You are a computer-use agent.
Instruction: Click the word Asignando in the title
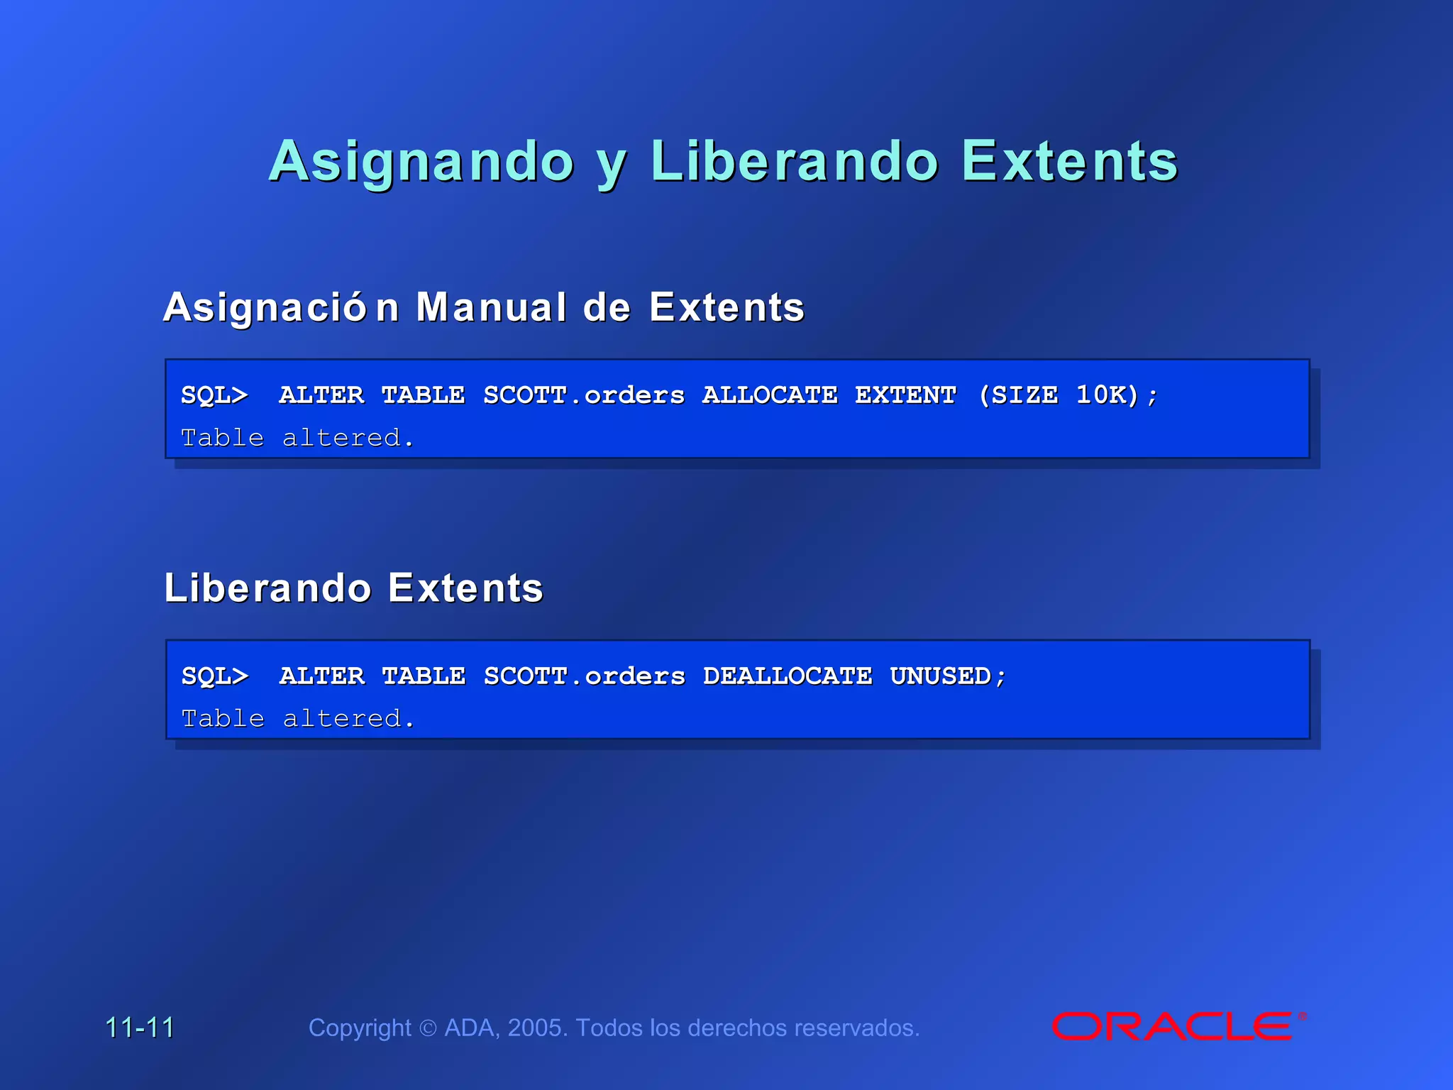click(421, 162)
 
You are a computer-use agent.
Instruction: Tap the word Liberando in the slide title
click(795, 162)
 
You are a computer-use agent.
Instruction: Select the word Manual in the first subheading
click(491, 308)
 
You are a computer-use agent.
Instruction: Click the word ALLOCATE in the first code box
click(770, 395)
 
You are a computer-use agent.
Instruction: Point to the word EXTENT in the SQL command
click(905, 395)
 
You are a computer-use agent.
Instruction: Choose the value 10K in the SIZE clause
click(1102, 395)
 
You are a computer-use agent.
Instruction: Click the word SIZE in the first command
click(1024, 395)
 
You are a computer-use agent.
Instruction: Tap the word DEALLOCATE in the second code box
click(788, 676)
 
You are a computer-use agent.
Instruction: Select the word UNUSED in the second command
click(941, 676)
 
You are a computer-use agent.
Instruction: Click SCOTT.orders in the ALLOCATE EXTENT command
click(584, 395)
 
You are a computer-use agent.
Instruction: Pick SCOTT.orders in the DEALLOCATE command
click(585, 676)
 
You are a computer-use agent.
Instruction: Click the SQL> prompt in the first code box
click(214, 395)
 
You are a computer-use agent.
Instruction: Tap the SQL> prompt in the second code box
click(215, 676)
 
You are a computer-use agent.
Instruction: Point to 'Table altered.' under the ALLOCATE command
click(297, 438)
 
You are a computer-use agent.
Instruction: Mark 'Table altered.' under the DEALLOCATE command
click(298, 719)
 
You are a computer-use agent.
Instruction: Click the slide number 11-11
click(140, 1028)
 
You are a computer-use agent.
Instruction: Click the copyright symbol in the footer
click(428, 1028)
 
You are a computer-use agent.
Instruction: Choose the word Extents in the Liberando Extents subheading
click(465, 588)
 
